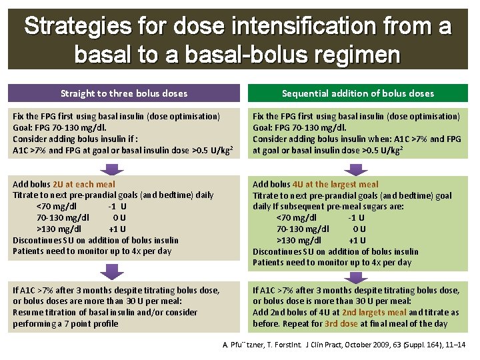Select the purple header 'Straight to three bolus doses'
pos(123,93)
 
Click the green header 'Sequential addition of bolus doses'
pos(357,93)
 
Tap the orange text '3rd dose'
pos(341,323)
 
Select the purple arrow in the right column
pos(357,275)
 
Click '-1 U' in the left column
pos(117,206)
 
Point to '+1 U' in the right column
pos(357,240)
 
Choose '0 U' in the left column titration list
pos(119,217)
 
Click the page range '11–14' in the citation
pos(455,344)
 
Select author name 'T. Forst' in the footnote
pos(280,344)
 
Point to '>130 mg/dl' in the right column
pos(299,240)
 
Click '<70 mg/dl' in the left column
pos(57,206)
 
